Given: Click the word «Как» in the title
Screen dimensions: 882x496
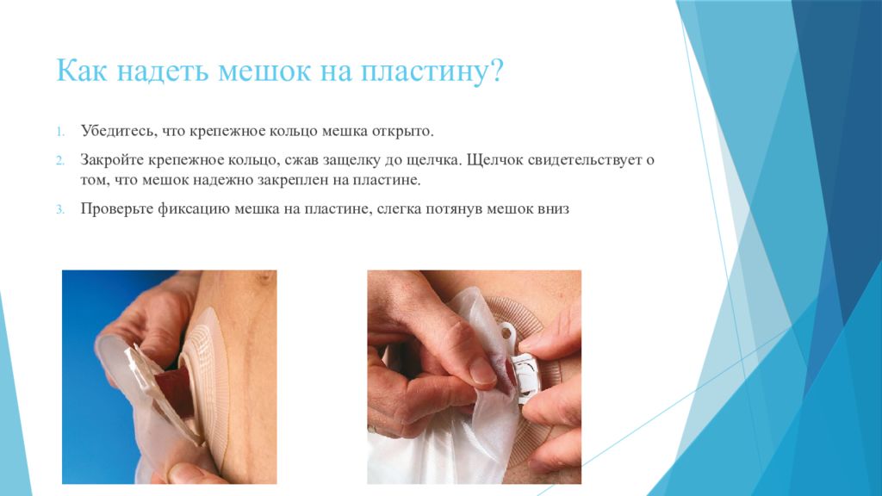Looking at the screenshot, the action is click(81, 71).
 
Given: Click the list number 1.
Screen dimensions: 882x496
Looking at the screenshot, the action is click(60, 132).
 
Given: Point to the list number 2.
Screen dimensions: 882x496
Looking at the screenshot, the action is click(60, 161).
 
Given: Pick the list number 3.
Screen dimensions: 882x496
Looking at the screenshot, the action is click(60, 210).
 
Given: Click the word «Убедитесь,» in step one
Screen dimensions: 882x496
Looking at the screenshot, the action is click(119, 132).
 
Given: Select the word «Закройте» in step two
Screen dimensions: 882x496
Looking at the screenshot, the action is click(112, 160).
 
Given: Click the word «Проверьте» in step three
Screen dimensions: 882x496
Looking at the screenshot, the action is click(116, 209).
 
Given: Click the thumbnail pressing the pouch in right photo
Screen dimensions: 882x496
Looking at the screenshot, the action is click(481, 371).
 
